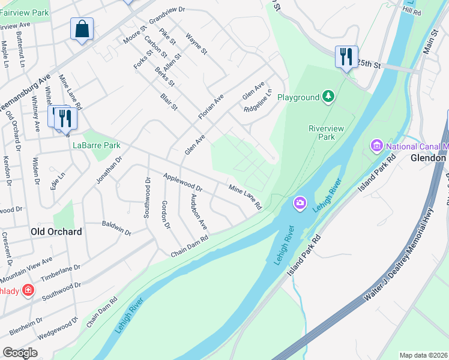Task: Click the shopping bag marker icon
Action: point(82,29)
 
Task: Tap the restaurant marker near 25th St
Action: point(346,57)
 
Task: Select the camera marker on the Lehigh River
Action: point(300,204)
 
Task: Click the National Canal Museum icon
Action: point(378,145)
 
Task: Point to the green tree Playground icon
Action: point(328,97)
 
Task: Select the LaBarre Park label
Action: point(96,145)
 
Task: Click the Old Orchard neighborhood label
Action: point(56,231)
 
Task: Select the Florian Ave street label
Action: point(211,106)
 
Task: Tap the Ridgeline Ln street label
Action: point(258,101)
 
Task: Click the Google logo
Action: point(20,353)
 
